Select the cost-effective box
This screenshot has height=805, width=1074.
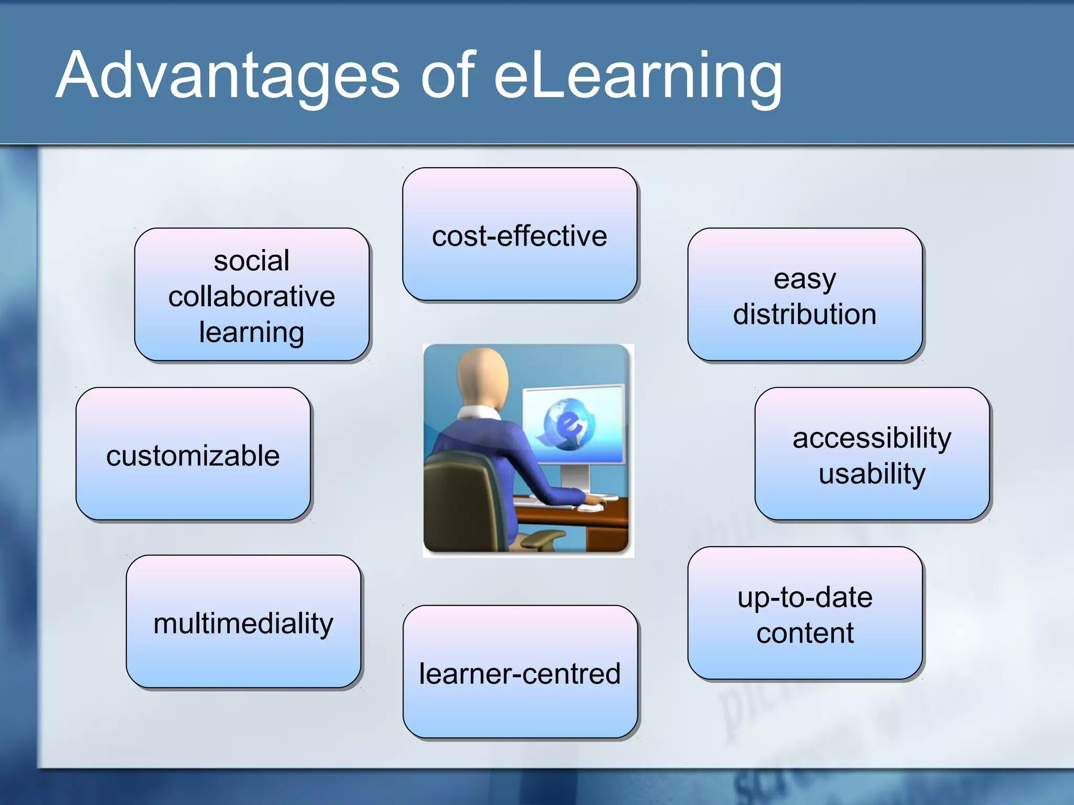[520, 235]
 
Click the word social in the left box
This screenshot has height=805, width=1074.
[252, 260]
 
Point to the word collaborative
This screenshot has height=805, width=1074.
[252, 297]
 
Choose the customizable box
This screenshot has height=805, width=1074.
[193, 454]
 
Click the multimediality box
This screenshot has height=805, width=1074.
[243, 622]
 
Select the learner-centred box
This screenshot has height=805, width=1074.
[520, 672]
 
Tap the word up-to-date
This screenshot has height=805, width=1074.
[805, 597]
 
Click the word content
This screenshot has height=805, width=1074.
[805, 633]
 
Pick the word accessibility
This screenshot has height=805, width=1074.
[872, 438]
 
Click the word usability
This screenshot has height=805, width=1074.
[872, 473]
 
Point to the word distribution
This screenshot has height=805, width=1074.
[804, 314]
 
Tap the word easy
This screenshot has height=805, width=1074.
[804, 279]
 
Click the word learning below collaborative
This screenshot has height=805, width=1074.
[252, 332]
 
